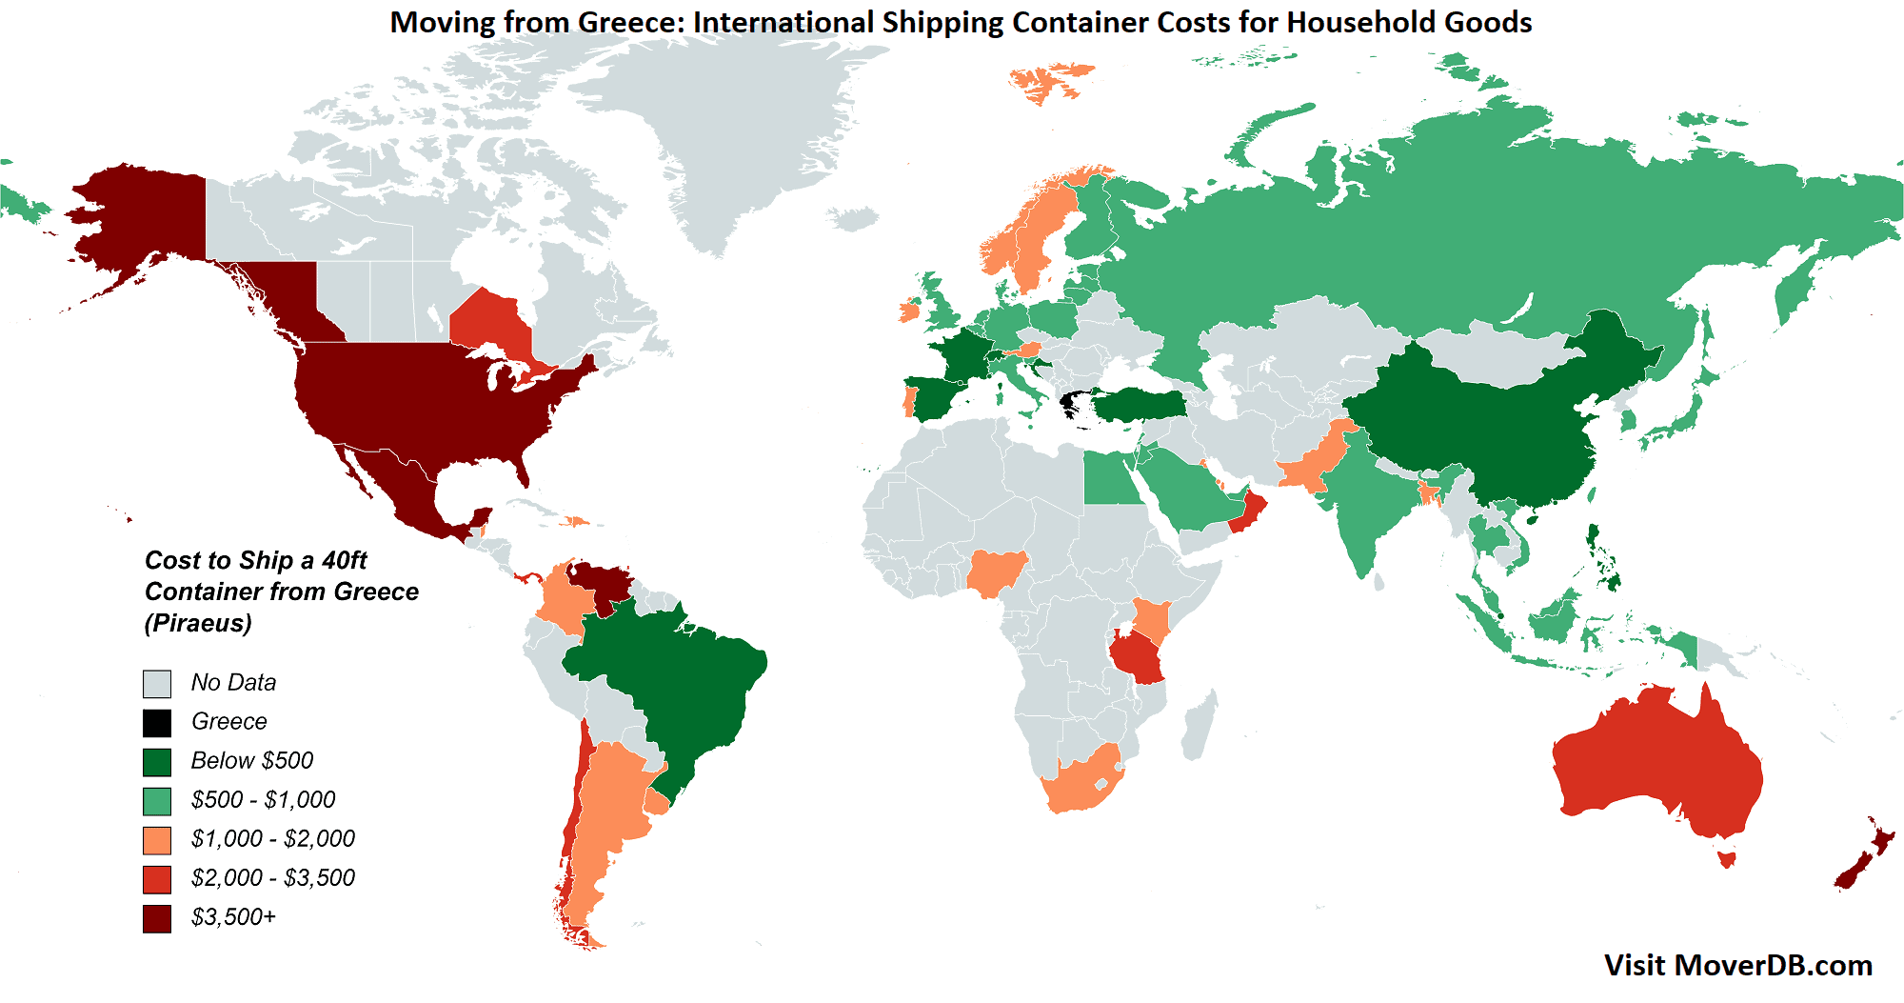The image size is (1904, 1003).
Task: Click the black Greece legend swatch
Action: click(x=157, y=723)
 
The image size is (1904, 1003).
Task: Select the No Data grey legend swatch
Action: click(x=157, y=684)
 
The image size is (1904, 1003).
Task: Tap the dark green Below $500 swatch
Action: click(x=157, y=762)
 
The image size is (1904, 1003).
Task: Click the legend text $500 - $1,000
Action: click(x=263, y=800)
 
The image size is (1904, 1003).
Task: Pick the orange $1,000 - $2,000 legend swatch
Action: click(x=157, y=840)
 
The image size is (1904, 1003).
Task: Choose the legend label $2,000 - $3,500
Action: click(x=272, y=878)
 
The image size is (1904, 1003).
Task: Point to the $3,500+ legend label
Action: click(x=233, y=917)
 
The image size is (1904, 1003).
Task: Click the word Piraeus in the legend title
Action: click(x=198, y=623)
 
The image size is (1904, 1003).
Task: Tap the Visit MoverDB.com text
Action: click(x=1737, y=965)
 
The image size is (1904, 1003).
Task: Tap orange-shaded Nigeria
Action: click(x=996, y=572)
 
